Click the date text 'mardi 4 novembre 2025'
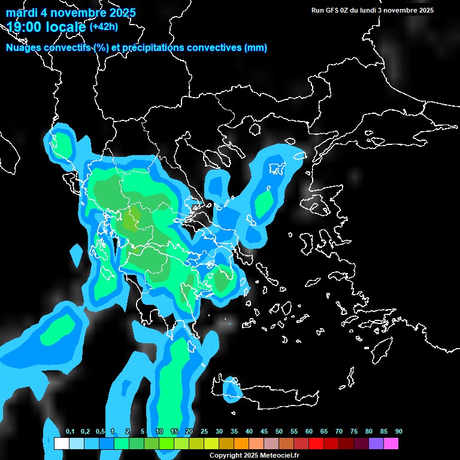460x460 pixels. [71, 13]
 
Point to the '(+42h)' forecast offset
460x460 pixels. [104, 26]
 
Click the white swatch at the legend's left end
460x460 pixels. [61, 444]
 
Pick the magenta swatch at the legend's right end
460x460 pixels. [391, 444]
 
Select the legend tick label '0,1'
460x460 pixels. [70, 431]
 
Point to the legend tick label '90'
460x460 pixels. [399, 431]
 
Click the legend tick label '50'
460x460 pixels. [279, 431]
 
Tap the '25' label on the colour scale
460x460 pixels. [204, 431]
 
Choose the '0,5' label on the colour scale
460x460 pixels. [100, 431]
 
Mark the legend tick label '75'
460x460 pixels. [354, 431]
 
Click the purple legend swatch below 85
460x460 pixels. [376, 444]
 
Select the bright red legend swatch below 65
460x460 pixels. [316, 444]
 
